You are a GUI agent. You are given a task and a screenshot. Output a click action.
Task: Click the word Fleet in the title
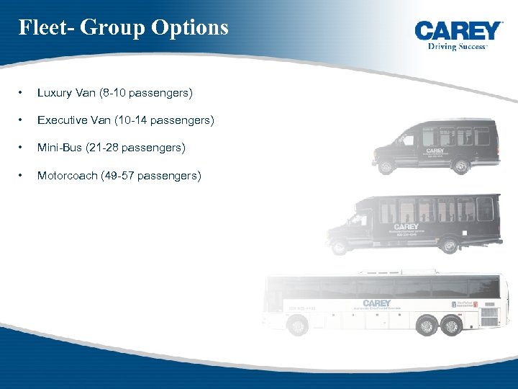(44, 27)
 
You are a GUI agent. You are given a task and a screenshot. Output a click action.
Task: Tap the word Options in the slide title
(190, 28)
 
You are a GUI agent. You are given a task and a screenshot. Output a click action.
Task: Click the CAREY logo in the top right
(458, 30)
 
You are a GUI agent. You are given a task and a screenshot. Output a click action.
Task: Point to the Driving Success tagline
(458, 45)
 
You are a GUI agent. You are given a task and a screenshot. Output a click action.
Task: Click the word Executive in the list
(63, 120)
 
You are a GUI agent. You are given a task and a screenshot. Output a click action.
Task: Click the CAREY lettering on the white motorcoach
(377, 303)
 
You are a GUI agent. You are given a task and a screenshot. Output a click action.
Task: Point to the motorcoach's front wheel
(297, 326)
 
